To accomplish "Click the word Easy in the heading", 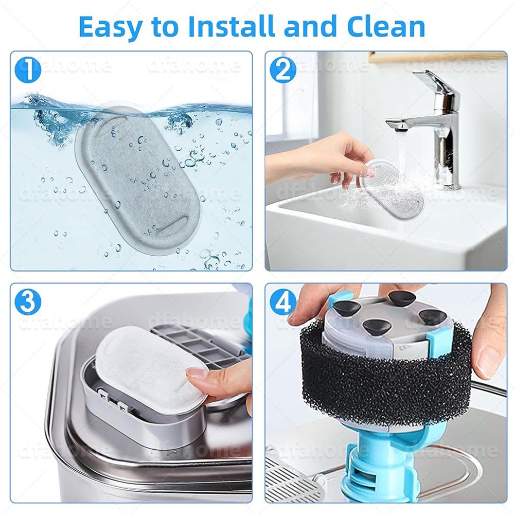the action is [x=111, y=27].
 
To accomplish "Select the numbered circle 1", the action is [x=28, y=70].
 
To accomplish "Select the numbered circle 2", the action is [x=283, y=70].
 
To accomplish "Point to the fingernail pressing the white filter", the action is [x=194, y=374].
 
